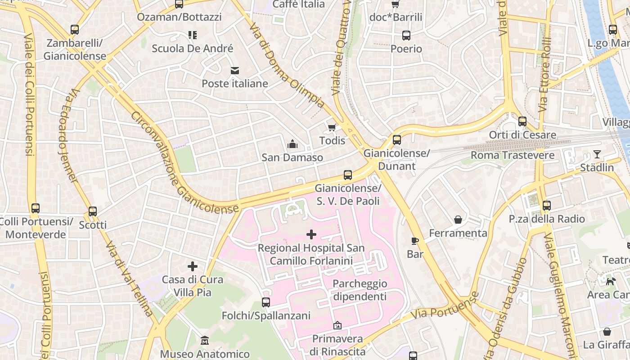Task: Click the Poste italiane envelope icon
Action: [234, 71]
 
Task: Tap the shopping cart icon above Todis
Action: [332, 128]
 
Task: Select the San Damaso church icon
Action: [292, 144]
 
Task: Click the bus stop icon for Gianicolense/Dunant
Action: [396, 140]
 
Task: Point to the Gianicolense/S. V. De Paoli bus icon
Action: [347, 175]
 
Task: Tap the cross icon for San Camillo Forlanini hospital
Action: [311, 234]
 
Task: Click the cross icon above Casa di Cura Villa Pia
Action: [193, 266]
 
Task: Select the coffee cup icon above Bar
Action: [415, 241]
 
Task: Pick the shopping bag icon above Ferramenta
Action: [458, 220]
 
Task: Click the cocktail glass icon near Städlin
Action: [597, 154]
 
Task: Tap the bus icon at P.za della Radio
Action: [546, 206]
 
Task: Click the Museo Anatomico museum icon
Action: [205, 341]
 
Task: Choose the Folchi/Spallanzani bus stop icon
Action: [266, 302]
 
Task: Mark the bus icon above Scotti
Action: [93, 211]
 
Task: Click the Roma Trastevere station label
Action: [512, 155]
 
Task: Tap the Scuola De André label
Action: [192, 49]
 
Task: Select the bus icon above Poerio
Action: [406, 36]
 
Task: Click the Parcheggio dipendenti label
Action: [360, 290]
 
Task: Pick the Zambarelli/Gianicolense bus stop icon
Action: [75, 30]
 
